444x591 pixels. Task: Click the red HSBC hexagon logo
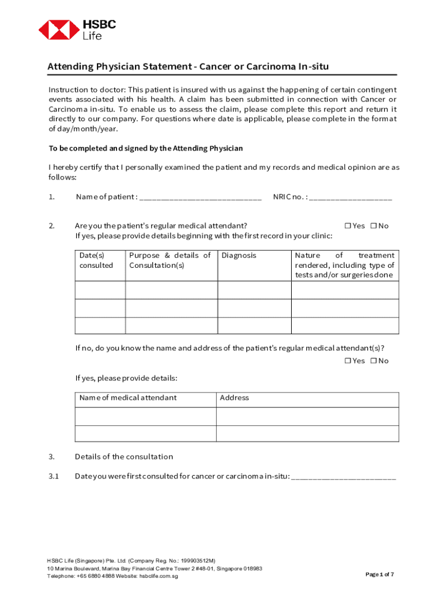tap(59, 29)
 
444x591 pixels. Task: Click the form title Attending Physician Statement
tap(188, 66)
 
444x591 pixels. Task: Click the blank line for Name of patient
tap(200, 198)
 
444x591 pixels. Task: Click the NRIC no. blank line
tap(350, 198)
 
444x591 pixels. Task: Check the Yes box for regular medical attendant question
tap(348, 226)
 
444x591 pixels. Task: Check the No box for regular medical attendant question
tap(373, 226)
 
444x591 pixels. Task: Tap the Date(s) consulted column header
tap(96, 260)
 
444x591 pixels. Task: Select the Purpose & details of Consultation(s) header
tap(170, 260)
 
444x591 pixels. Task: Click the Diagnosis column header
tap(239, 255)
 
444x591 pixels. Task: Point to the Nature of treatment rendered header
tap(344, 265)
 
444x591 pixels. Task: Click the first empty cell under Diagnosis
tap(254, 290)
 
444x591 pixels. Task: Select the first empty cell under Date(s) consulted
tap(100, 290)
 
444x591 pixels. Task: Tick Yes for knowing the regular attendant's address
tap(348, 361)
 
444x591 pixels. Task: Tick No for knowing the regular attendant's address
tap(373, 361)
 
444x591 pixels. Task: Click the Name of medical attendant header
tap(128, 398)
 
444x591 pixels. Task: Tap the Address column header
tap(234, 398)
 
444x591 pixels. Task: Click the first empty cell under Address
tap(307, 416)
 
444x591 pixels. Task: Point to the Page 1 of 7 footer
tap(380, 574)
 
